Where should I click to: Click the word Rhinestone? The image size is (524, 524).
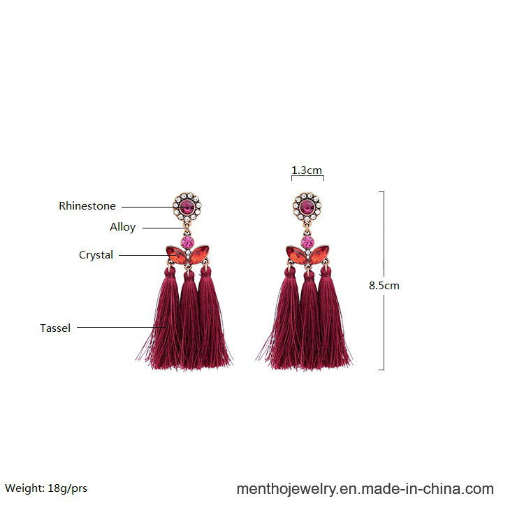coord(87,206)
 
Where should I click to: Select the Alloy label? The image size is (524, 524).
coord(123,227)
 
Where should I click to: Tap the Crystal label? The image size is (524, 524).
coord(96,255)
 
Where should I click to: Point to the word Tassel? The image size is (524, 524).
coord(55,328)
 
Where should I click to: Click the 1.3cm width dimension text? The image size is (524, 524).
coord(307,170)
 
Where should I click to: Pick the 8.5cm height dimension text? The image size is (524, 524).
coord(384,286)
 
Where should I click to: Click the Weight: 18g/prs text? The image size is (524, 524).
coord(46,488)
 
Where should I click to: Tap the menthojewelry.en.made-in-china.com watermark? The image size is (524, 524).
coord(365,489)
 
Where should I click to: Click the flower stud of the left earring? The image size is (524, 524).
coord(187,207)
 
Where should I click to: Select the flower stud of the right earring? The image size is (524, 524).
coord(307,207)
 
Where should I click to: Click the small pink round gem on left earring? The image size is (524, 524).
coord(187,242)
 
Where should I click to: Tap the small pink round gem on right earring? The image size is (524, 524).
coord(307,242)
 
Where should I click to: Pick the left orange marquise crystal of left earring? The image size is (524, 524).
coord(176,255)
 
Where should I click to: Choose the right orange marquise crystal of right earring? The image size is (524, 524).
coord(319,254)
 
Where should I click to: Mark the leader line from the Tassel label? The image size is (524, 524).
coord(122,327)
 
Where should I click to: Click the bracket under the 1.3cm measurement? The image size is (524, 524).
coord(307,176)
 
